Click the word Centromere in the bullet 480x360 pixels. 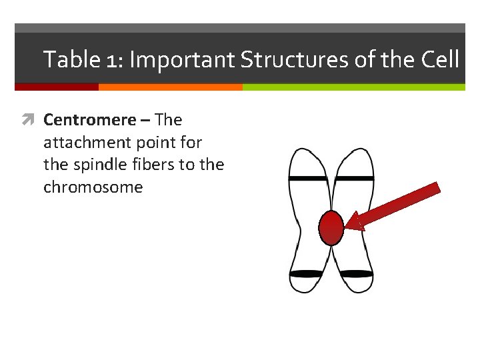pos(89,120)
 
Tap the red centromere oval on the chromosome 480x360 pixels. pos(331,228)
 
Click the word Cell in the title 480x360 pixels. pos(440,60)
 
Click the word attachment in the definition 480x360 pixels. pos(89,143)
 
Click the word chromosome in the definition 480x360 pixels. pos(93,187)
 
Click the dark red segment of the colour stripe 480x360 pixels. pos(56,87)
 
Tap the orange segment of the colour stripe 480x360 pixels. pos(170,87)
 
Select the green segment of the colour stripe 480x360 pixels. pos(353,87)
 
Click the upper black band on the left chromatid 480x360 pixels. pos(308,179)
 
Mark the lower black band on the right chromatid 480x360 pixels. pos(353,274)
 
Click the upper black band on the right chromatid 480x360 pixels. pos(354,179)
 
